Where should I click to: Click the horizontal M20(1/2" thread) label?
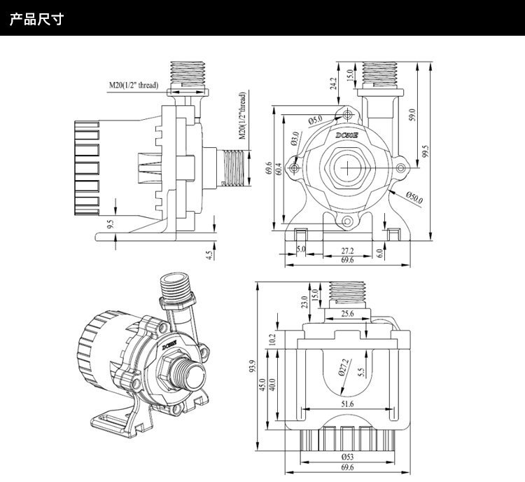point(133,85)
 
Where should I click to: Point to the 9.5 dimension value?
point(111,225)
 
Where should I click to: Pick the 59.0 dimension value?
point(412,113)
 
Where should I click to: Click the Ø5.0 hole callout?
point(315,120)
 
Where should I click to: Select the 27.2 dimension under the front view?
point(346,249)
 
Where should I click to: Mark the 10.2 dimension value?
point(274,340)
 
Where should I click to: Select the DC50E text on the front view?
point(347,135)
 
